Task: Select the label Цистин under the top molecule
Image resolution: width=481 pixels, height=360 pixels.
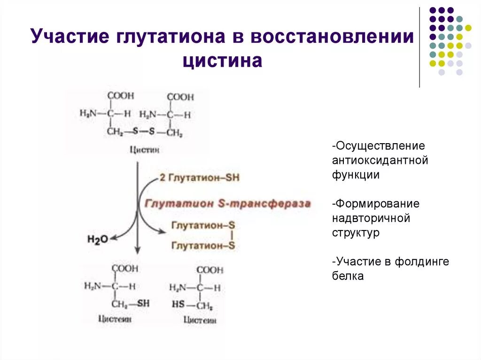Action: (x=144, y=150)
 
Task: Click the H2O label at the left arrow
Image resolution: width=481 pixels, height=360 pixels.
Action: (x=97, y=239)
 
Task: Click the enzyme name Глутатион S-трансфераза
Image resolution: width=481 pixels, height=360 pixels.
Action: (x=227, y=204)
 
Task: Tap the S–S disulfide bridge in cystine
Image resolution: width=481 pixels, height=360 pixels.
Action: (x=143, y=132)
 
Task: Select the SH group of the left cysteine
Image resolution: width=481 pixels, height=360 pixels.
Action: (x=143, y=304)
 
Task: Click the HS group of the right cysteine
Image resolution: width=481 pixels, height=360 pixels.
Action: (x=178, y=305)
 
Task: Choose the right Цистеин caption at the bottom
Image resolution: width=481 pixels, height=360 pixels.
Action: (x=199, y=321)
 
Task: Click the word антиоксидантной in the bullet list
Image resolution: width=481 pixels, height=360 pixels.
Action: (x=380, y=161)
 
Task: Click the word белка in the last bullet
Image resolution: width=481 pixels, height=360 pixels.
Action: (x=348, y=276)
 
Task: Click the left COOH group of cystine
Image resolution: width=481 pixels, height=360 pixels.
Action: (x=120, y=96)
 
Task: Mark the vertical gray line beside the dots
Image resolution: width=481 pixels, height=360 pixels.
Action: (x=419, y=47)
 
